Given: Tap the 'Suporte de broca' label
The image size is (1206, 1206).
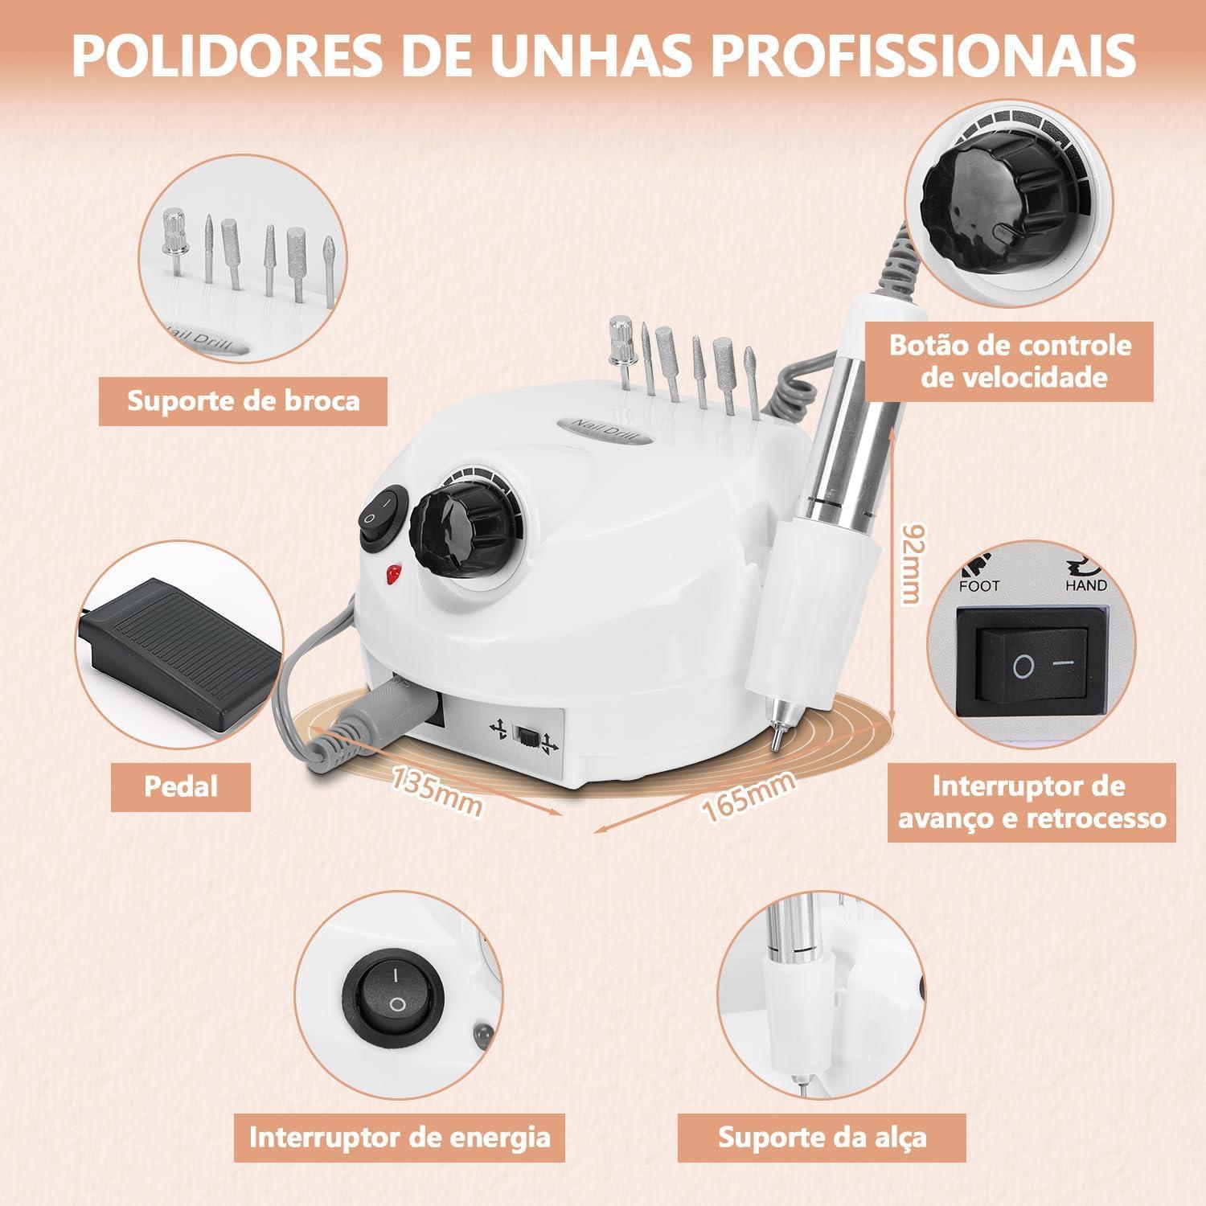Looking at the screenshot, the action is [x=243, y=400].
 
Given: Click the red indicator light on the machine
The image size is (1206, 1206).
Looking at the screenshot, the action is [x=393, y=574].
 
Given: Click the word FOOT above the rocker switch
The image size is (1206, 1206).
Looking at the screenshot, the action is [x=979, y=585].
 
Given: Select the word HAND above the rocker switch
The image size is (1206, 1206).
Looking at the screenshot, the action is [x=1085, y=585].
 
